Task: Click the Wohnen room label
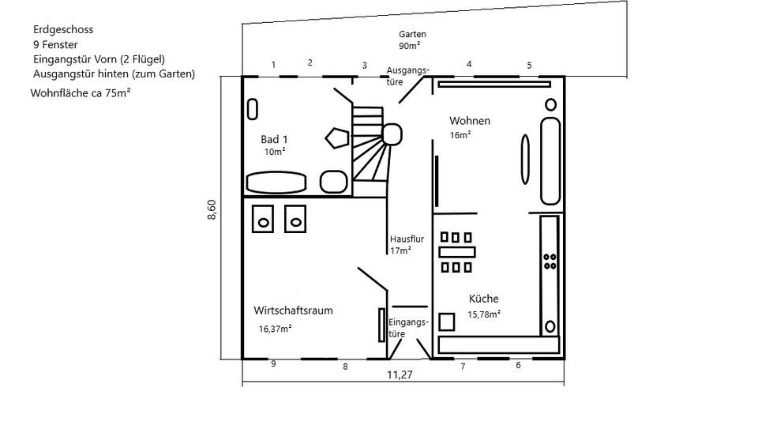click(x=470, y=121)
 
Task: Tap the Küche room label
click(x=483, y=299)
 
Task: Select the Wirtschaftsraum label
click(x=293, y=311)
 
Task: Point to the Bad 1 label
click(x=274, y=139)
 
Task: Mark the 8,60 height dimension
click(x=212, y=211)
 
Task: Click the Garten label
click(x=412, y=35)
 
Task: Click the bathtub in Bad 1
click(x=276, y=183)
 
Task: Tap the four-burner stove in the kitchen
click(x=550, y=262)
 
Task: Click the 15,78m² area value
click(x=485, y=314)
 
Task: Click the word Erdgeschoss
click(x=63, y=29)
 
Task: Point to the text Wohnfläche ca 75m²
click(x=80, y=92)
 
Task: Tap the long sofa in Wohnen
click(x=550, y=161)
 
